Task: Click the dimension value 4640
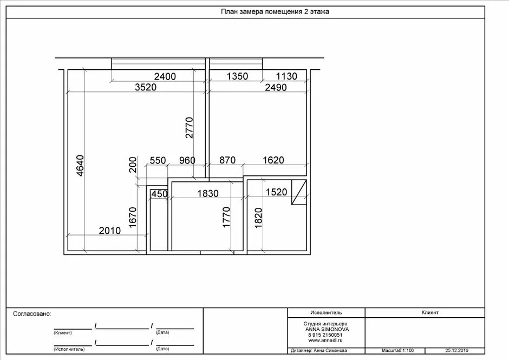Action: point(80,166)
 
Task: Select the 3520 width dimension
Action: point(146,87)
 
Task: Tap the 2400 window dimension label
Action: point(165,77)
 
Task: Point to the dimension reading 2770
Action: point(190,128)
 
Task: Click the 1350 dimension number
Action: point(237,76)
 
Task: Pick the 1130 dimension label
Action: point(286,76)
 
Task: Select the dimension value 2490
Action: point(276,88)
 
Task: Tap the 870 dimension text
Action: point(227,160)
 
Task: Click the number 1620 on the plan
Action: point(273,160)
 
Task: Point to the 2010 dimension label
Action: point(110,231)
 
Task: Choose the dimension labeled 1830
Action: point(208,193)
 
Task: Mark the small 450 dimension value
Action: point(160,194)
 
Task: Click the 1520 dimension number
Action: point(277,192)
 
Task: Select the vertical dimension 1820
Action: point(258,218)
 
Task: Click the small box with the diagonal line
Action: point(299,192)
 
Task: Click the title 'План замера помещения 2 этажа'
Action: point(275,12)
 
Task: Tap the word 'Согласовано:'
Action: point(32,314)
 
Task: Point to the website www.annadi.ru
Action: point(325,341)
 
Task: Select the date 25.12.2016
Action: point(456,351)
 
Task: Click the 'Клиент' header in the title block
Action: point(430,312)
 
